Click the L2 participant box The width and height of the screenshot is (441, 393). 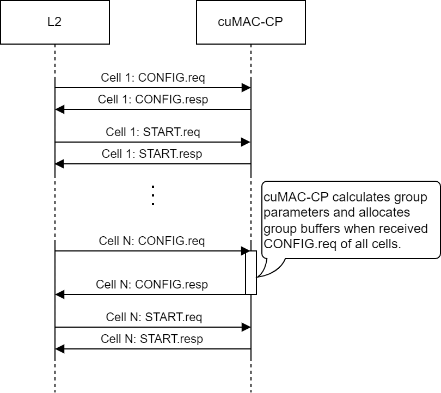54,22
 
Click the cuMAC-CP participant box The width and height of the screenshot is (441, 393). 250,22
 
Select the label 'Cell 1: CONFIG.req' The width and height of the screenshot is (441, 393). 153,77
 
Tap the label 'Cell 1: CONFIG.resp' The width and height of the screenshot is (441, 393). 153,100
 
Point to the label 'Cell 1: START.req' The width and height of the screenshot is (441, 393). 153,132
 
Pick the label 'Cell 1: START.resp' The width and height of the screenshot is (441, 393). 152,154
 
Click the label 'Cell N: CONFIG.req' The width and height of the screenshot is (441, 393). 152,241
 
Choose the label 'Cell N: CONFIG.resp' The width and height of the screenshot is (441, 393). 152,285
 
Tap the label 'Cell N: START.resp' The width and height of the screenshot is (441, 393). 152,339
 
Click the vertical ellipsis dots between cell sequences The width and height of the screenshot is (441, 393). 153,195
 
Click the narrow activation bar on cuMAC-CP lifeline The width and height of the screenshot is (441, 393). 251,273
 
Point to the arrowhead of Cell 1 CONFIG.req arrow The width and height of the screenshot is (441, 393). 246,88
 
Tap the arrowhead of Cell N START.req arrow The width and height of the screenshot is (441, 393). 246,327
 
